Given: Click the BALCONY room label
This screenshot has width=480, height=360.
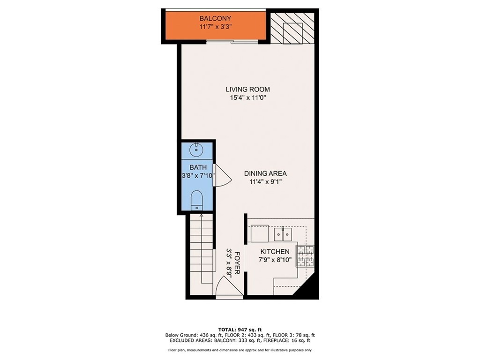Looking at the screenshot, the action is coord(215,18).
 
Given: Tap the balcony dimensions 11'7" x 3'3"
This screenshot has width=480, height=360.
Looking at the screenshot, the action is coord(215,27).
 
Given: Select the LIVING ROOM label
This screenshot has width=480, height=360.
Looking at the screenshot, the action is coord(248,90).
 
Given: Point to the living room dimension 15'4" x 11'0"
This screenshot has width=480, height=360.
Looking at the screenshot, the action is coord(248,98).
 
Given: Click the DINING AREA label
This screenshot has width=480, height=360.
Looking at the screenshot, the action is coord(265,173).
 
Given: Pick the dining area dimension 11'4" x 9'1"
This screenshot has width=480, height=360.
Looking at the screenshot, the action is coord(265,182).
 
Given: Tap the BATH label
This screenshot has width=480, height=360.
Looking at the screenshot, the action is coord(198,167).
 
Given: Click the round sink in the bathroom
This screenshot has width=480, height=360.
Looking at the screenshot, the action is coord(196,150).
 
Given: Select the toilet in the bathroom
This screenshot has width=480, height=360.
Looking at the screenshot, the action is coord(196,200).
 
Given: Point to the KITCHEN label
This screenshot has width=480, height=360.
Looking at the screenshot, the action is coord(275,252).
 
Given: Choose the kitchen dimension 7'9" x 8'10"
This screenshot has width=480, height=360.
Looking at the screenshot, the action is coord(275,260).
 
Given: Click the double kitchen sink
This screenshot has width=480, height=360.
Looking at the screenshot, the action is coord(283,234).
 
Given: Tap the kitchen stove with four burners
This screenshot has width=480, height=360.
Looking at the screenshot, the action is coord(306,256).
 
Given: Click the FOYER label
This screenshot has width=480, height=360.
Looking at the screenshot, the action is coord(237,263).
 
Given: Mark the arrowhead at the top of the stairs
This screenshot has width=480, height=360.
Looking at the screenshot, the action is coord(202,216).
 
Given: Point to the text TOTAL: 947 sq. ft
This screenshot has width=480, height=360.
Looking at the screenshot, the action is coord(240,330).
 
